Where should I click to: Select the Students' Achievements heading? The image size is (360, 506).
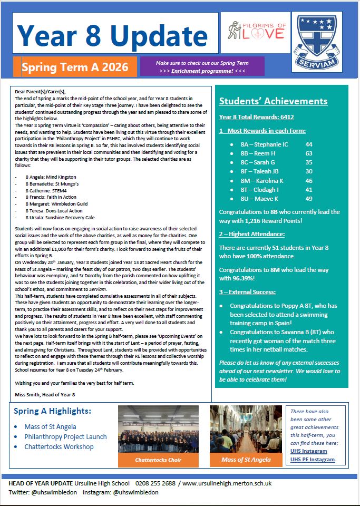pyautogui.click(x=273, y=101)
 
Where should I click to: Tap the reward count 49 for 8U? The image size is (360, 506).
pyautogui.click(x=309, y=199)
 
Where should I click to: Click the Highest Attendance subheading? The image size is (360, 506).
pyautogui.click(x=251, y=233)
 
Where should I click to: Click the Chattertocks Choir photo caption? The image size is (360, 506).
pyautogui.click(x=151, y=460)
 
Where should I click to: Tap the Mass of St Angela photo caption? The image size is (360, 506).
pyautogui.click(x=246, y=460)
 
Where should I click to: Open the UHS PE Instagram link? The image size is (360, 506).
pyautogui.click(x=313, y=459)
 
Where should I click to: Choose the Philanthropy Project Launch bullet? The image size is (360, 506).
pyautogui.click(x=65, y=436)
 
